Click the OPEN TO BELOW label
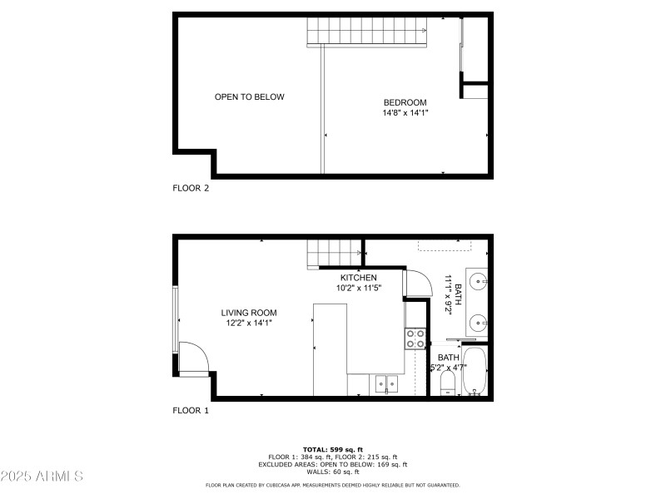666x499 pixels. pos(249,97)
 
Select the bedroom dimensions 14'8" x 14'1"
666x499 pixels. pos(405,112)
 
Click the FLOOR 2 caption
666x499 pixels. pos(191,188)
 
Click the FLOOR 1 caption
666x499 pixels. pos(191,410)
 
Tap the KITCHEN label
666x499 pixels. pos(358,278)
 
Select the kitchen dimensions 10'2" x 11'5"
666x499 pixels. pos(358,289)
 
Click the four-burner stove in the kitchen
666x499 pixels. pos(415,338)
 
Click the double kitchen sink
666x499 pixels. pos(386,383)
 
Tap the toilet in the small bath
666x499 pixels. pos(447,383)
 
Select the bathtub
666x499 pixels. pos(475,372)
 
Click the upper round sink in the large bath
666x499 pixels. pos(478,281)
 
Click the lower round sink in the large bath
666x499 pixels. pos(478,322)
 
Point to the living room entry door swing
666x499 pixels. pos(192,358)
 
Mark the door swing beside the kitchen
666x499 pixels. pos(417,284)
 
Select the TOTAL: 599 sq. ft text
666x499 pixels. pos(332,448)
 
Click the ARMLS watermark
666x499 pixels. pos(42,477)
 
